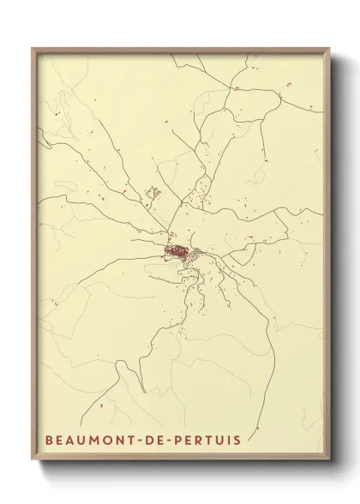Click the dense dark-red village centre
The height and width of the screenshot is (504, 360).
pos(178,251)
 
